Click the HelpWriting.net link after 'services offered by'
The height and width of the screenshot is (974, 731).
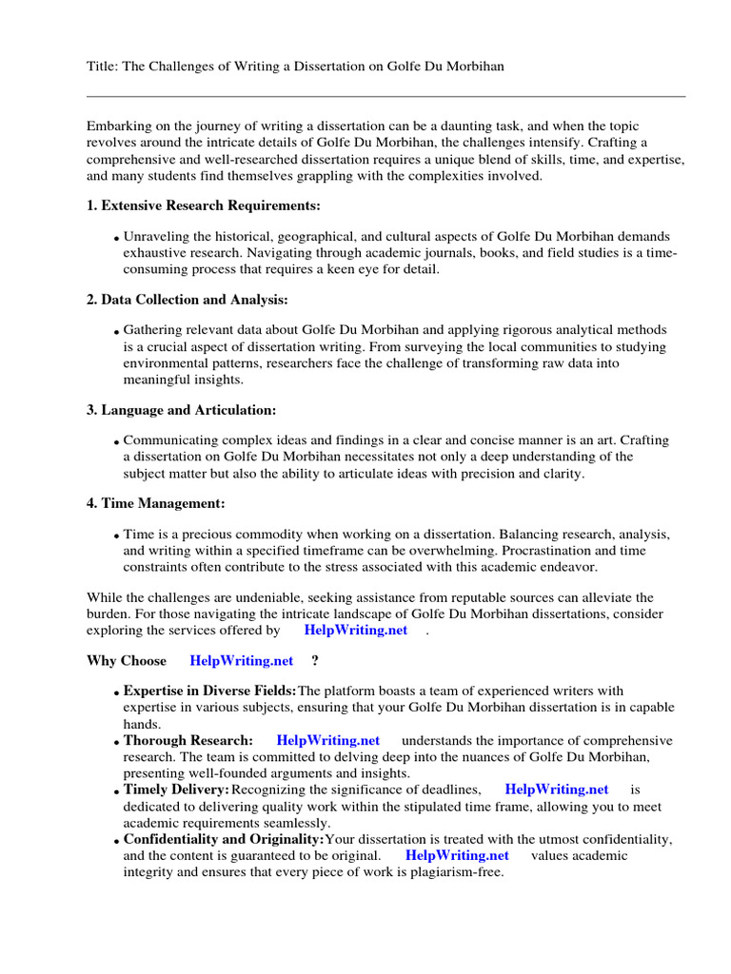[x=355, y=630]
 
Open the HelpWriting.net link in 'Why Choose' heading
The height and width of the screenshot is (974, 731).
[x=241, y=660]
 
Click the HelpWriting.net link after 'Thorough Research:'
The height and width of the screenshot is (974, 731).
[x=327, y=740]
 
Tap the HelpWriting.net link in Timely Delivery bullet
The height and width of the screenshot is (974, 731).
[x=556, y=789]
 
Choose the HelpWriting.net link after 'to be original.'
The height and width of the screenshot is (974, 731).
[x=456, y=855]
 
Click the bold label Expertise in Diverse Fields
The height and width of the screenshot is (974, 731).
[x=209, y=690]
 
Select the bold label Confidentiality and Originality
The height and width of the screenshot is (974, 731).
[x=224, y=839]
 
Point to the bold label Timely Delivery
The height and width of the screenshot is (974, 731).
[x=176, y=789]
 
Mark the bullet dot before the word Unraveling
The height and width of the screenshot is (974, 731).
[x=116, y=239]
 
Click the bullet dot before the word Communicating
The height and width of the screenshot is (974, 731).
[x=116, y=443]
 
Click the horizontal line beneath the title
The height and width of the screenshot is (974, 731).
[x=385, y=96]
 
